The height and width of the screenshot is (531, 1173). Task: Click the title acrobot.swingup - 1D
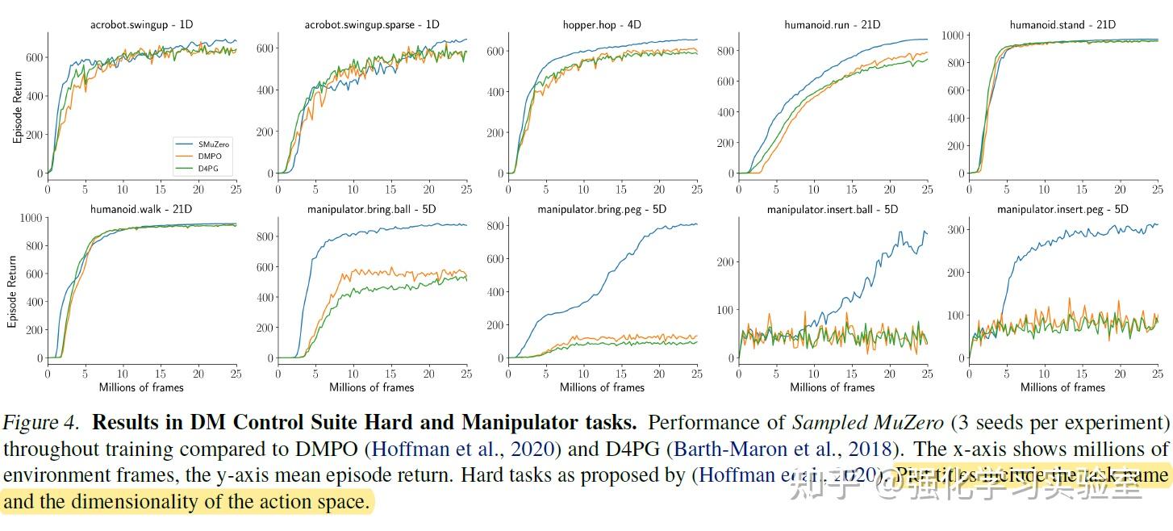140,24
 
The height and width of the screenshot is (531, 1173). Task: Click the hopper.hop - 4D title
602,24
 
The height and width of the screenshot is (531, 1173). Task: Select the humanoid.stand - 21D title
1062,24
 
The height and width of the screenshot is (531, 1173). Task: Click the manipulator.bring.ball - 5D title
371,209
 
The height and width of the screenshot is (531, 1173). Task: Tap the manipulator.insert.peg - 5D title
1062,209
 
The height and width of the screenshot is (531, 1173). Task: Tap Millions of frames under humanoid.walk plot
141,387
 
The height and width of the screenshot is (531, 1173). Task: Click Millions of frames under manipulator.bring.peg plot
602,387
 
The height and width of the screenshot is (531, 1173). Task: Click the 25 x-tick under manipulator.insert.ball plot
927,374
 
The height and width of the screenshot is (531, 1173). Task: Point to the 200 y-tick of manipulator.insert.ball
724,262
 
